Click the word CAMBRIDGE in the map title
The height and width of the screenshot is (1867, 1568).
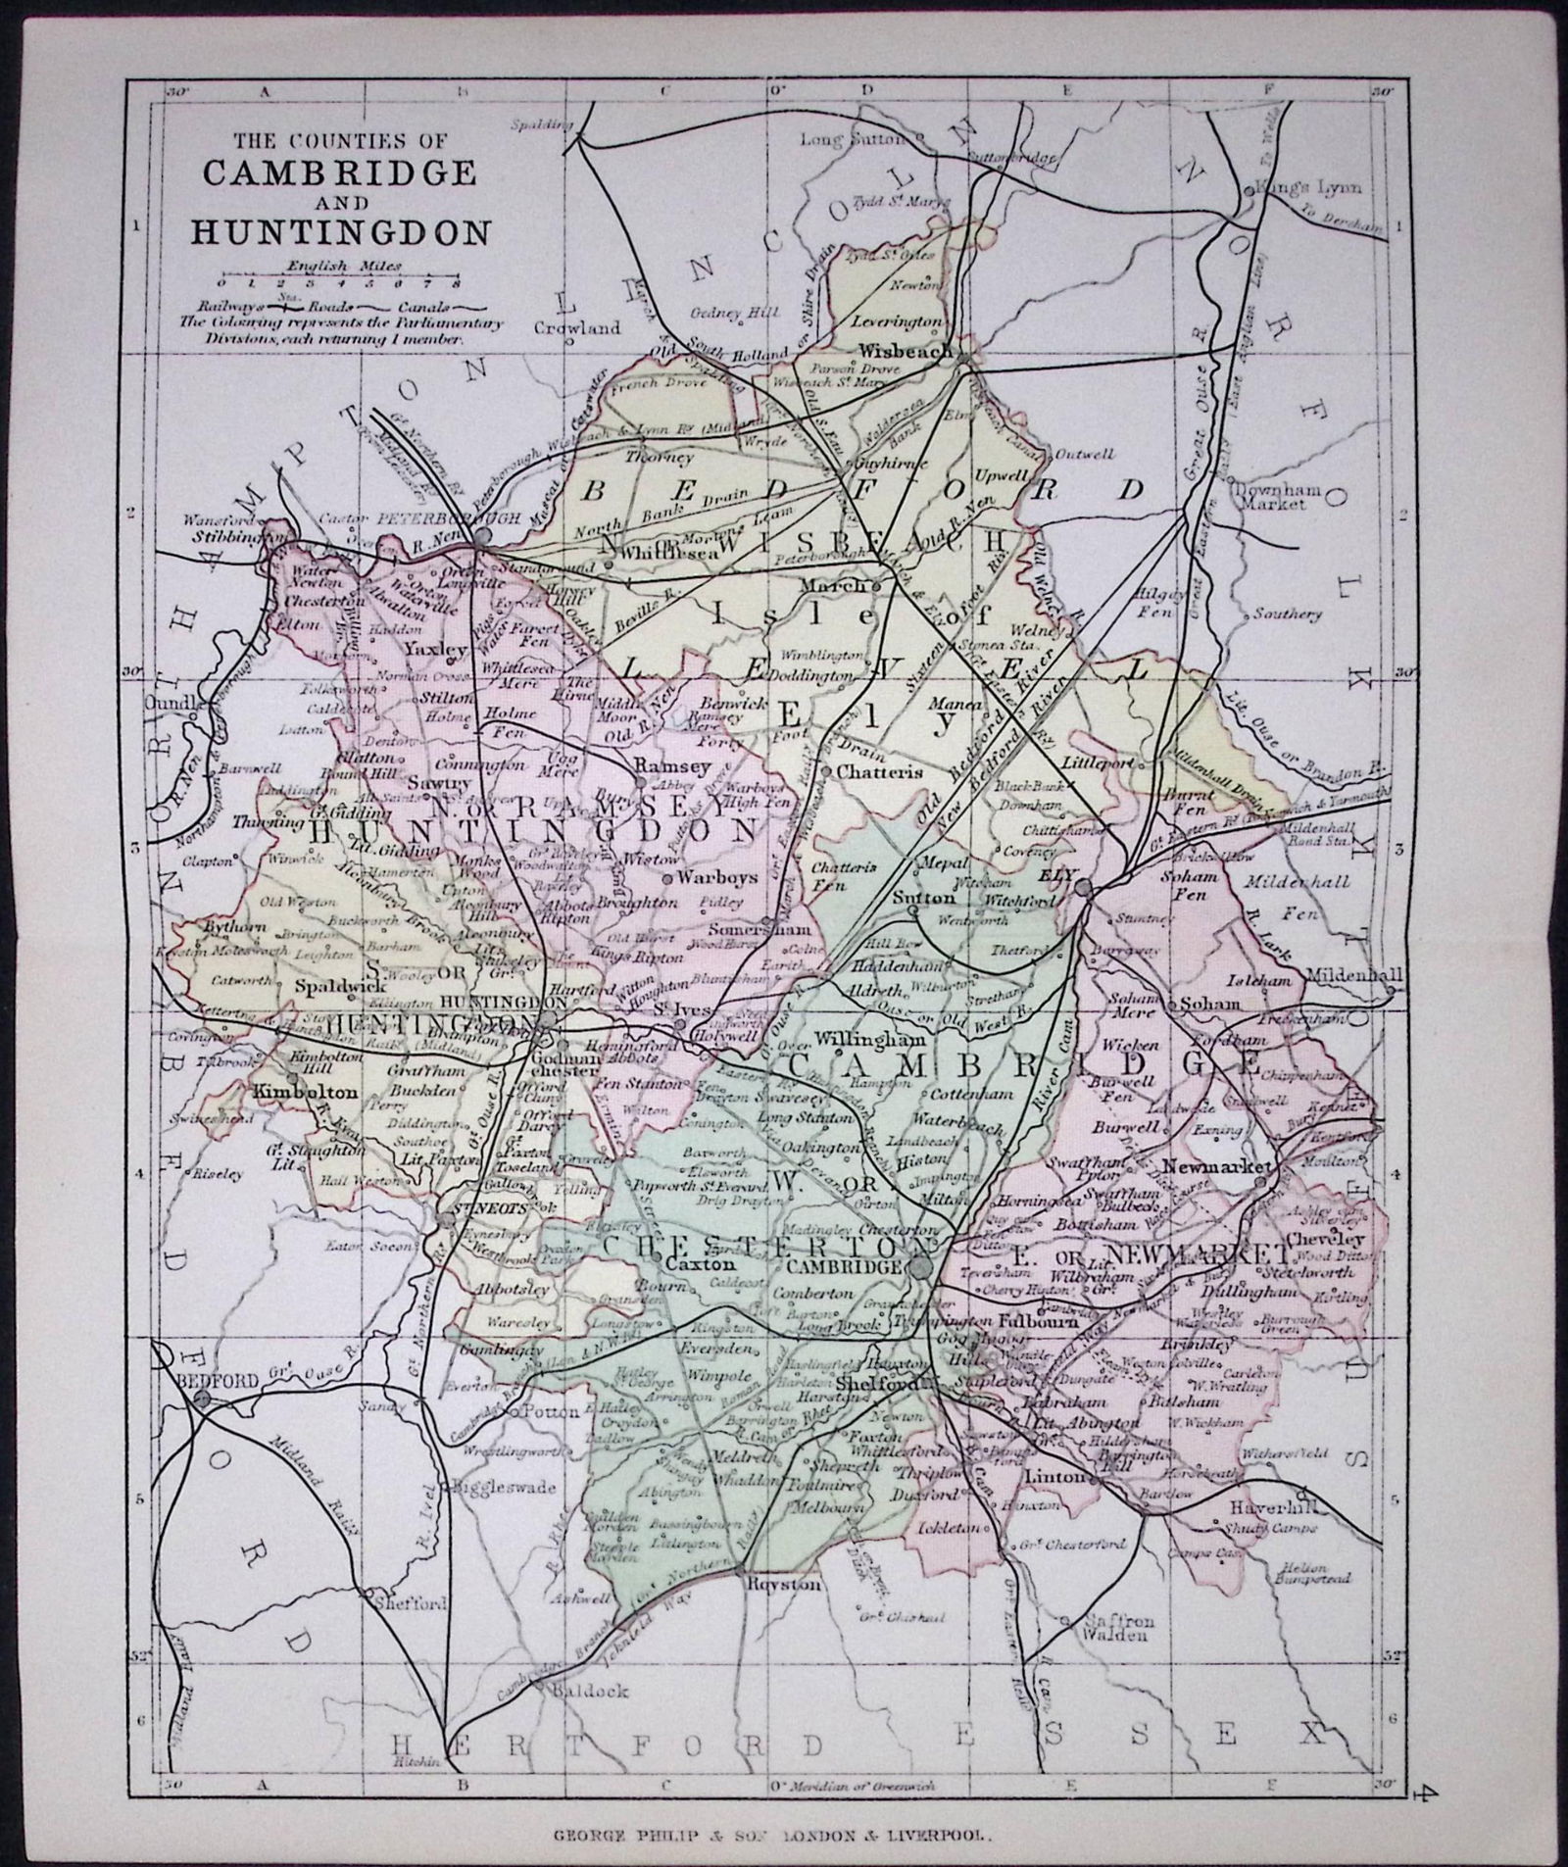(x=340, y=172)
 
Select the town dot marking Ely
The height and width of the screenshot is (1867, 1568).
(x=1084, y=888)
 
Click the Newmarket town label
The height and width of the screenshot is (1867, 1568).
(x=1215, y=1166)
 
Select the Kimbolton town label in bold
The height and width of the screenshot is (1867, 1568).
(x=292, y=1091)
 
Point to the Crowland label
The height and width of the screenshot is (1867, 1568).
(x=577, y=328)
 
